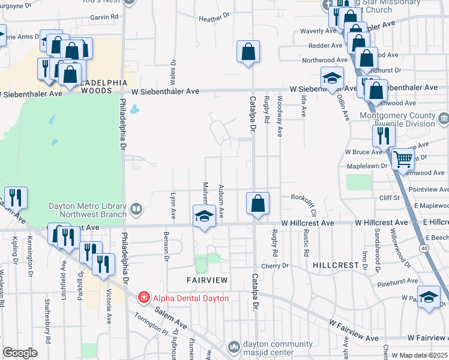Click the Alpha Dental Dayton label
183,298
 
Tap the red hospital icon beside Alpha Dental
143,298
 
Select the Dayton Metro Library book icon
136,209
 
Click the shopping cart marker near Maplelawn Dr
403,160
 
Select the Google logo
20,353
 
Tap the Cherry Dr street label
275,266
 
